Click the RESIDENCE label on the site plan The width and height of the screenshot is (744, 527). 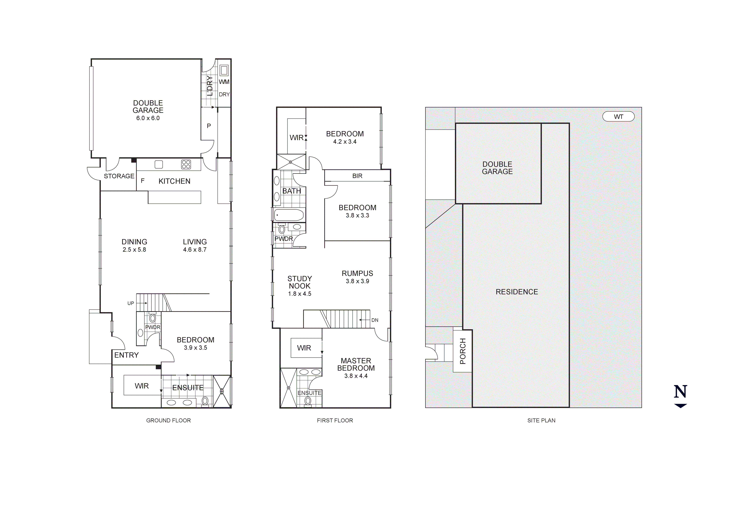517,292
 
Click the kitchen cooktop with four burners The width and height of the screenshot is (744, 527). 186,165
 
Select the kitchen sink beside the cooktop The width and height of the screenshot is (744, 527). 159,165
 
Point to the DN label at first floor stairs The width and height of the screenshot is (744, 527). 375,320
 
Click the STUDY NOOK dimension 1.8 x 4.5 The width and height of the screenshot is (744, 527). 300,294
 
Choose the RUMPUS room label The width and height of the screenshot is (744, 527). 357,274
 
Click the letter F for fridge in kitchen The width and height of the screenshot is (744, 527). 142,181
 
